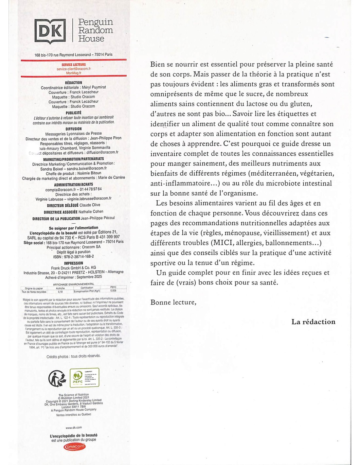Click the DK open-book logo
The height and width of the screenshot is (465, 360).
coord(50,31)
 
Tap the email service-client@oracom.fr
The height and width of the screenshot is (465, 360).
coord(74,69)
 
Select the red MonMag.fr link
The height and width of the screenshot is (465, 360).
coord(74,73)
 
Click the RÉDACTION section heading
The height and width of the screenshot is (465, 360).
coord(74,83)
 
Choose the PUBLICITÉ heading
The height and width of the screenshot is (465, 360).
coord(74,113)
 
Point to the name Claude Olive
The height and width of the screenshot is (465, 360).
coord(90,205)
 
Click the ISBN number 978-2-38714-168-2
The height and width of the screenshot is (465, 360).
coord(78,256)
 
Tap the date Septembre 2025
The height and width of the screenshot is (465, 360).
coord(89,277)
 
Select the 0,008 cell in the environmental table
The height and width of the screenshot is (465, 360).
coord(113,291)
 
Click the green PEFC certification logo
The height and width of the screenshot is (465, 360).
coord(84,377)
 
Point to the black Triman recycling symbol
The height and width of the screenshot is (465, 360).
coord(57,378)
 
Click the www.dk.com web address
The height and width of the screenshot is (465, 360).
coord(74,427)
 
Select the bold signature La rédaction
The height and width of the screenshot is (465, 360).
coord(313,322)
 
